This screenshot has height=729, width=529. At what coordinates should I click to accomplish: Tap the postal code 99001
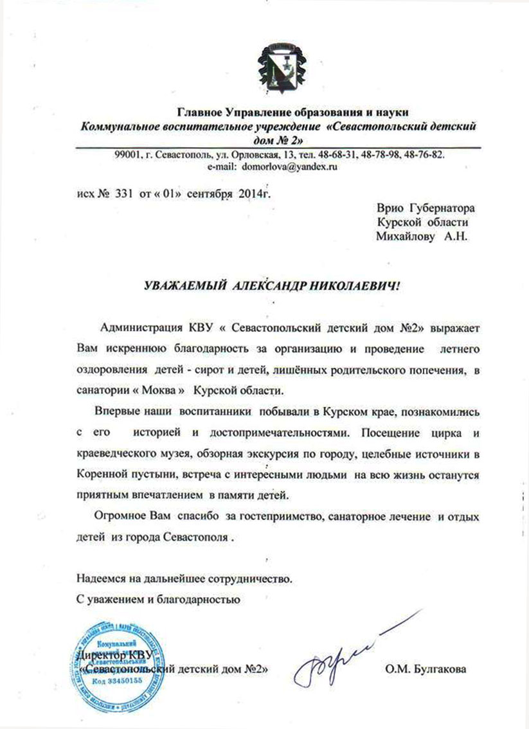pyautogui.click(x=127, y=156)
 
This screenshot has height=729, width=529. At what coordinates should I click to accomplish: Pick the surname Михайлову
pyautogui.click(x=404, y=237)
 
